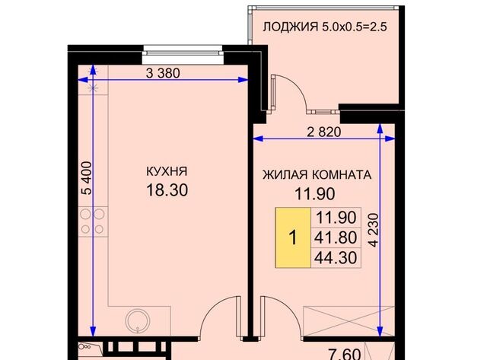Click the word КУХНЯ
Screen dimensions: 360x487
[167, 171]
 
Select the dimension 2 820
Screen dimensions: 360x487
[324, 132]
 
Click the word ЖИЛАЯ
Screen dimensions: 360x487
[283, 174]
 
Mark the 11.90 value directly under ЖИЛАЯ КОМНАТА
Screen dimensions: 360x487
[316, 194]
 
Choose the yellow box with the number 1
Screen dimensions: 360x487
[293, 237]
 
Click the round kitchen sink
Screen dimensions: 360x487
[138, 320]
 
